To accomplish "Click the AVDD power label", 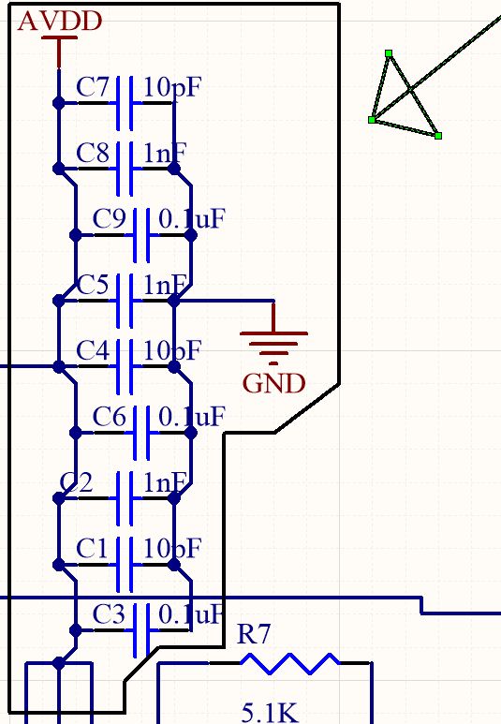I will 60,22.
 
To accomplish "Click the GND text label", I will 273,383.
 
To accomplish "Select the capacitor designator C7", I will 94,88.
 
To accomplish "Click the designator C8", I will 94,153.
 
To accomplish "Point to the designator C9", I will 111,219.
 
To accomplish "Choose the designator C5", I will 94,285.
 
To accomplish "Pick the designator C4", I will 94,351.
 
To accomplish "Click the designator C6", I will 111,417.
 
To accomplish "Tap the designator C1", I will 94,548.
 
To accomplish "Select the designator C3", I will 110,614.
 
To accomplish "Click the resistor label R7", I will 255,635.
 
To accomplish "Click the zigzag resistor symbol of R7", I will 290,663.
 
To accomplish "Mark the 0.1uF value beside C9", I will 193,219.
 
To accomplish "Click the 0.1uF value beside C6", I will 193,417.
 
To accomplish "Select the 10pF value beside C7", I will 173,88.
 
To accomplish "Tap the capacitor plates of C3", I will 142,629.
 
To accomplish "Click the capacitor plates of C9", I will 142,235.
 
